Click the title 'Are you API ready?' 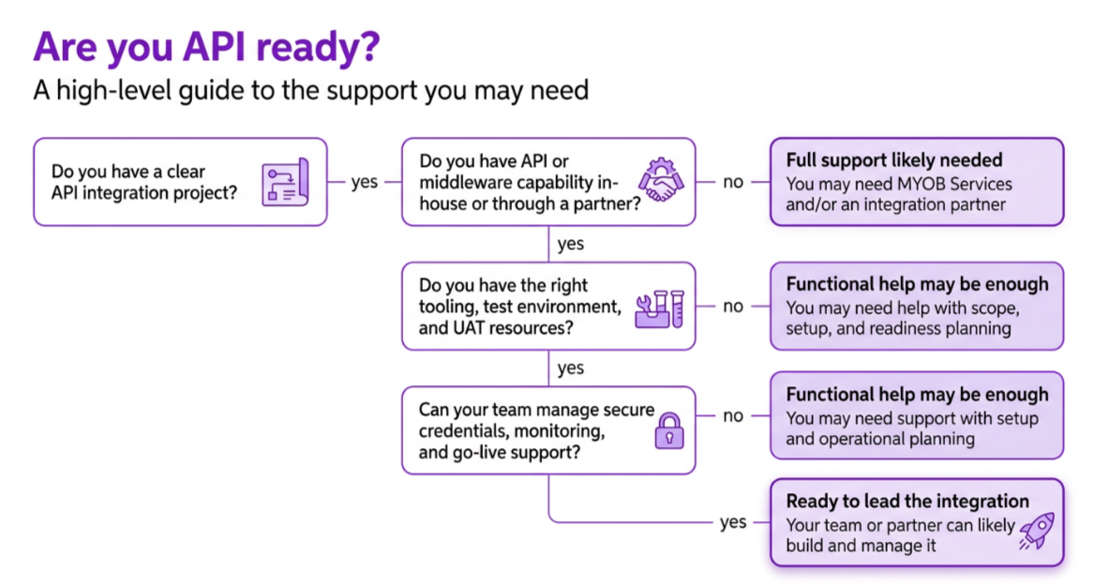click(206, 48)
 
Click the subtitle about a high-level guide click(311, 91)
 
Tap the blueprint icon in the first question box click(285, 182)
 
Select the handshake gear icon click(662, 179)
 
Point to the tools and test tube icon click(659, 309)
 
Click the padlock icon click(669, 431)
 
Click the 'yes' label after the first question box click(365, 182)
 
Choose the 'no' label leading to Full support click(732, 182)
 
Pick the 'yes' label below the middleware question click(571, 244)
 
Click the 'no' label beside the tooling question click(732, 307)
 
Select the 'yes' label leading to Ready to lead click(733, 522)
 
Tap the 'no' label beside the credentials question click(732, 415)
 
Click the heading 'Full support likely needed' click(893, 160)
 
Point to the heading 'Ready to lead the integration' click(907, 502)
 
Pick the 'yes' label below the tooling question click(571, 368)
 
